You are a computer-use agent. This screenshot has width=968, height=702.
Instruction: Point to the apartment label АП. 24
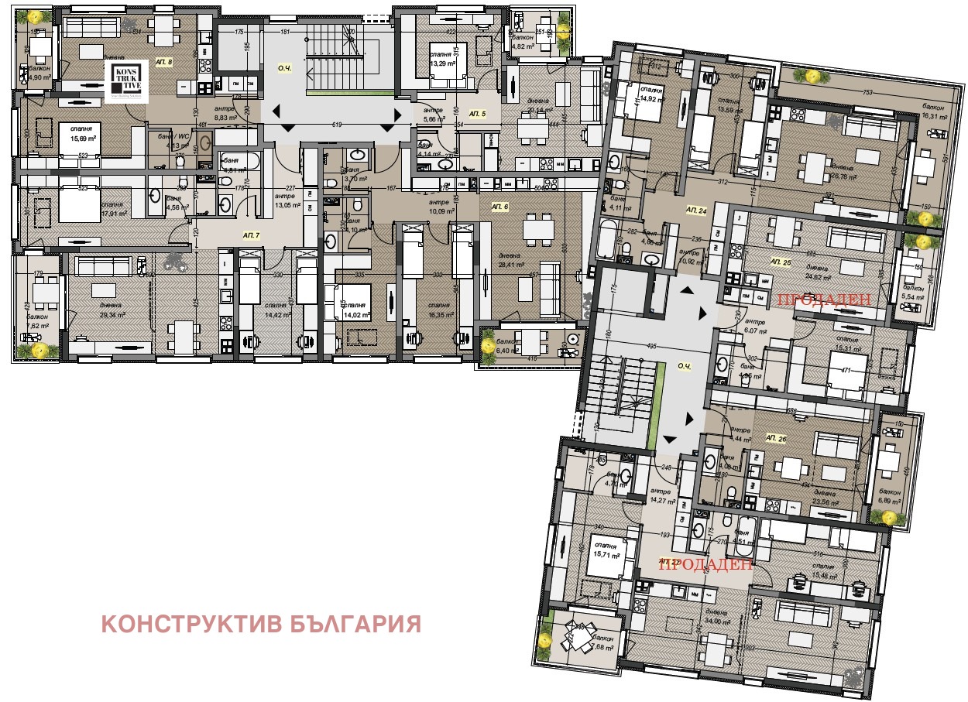[x=696, y=210]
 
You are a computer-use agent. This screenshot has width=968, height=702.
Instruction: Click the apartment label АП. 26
[x=777, y=438]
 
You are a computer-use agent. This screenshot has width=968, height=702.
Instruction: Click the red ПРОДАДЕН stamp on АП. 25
[x=824, y=299]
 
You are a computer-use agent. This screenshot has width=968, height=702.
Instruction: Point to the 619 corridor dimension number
[x=336, y=125]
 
